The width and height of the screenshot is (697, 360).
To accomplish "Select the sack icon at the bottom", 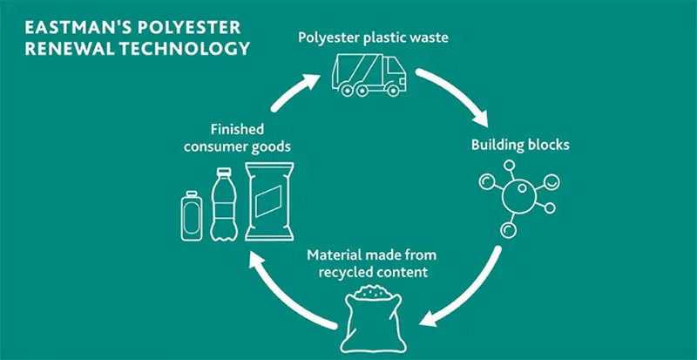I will coord(369,317).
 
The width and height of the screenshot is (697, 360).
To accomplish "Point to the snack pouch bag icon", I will coord(269,203).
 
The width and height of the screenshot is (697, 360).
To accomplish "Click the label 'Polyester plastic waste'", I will coord(365,37).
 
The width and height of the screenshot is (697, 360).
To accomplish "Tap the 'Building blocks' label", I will coord(520,145).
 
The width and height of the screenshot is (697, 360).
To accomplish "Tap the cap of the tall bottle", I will coord(223,172).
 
